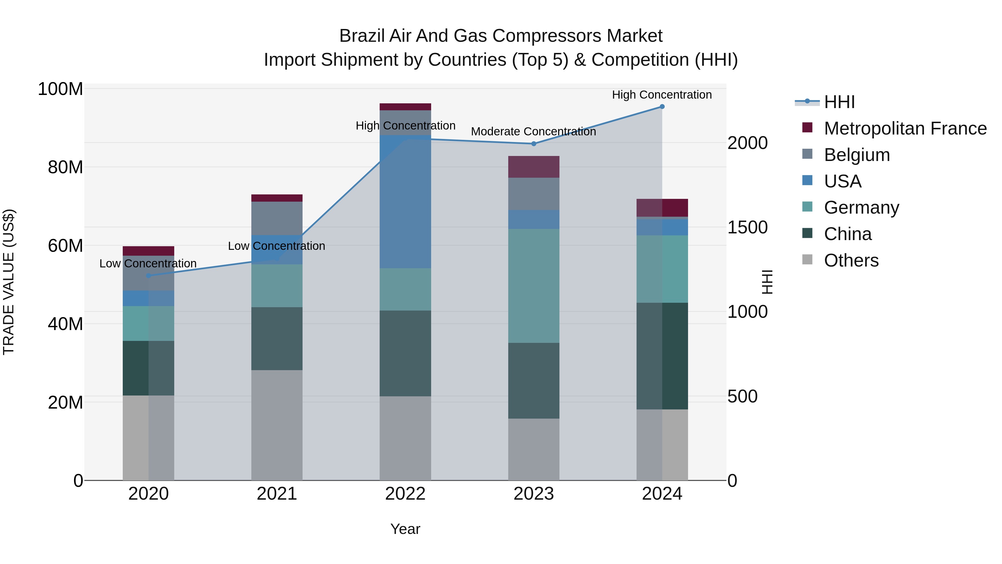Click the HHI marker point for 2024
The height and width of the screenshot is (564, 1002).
tap(662, 107)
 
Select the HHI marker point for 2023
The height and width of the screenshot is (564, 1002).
tap(534, 144)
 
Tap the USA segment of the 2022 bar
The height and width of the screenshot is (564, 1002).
tap(405, 202)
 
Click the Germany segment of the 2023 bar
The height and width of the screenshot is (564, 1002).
tap(534, 286)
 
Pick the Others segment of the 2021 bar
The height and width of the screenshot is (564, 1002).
tap(277, 425)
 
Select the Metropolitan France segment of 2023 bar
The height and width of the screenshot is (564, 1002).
tap(534, 167)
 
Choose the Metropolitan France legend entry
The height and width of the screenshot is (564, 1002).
tap(905, 128)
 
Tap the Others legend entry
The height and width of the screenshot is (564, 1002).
tap(851, 260)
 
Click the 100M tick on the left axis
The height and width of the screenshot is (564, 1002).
tap(60, 89)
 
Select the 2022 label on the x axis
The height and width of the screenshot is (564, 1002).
tap(405, 494)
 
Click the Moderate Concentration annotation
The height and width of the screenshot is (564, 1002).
tap(533, 131)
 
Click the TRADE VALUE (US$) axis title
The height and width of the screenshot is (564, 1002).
tap(9, 282)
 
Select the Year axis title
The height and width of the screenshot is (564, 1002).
tap(405, 529)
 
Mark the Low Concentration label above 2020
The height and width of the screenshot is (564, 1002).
tap(148, 263)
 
